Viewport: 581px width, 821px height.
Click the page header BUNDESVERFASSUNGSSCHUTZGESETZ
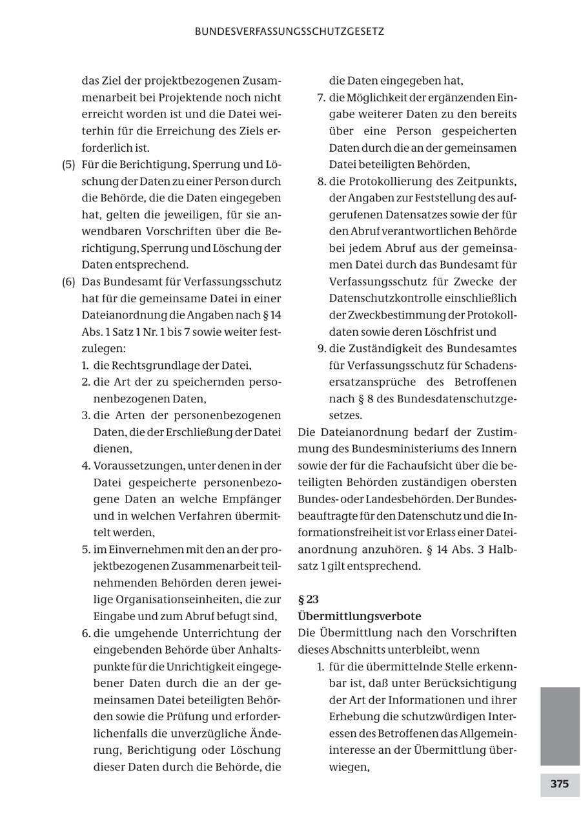coord(290,31)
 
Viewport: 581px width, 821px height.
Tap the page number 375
coord(559,784)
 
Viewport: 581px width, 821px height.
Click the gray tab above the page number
coord(559,725)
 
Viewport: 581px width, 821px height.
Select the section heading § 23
coord(309,599)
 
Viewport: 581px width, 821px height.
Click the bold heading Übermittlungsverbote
coord(360,616)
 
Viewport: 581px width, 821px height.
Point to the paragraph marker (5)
coord(68,164)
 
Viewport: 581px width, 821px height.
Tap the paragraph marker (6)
coord(68,282)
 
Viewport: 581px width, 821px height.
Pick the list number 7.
coord(320,98)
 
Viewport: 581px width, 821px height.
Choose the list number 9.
coord(320,349)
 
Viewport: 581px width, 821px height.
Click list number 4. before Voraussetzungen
coord(85,465)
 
